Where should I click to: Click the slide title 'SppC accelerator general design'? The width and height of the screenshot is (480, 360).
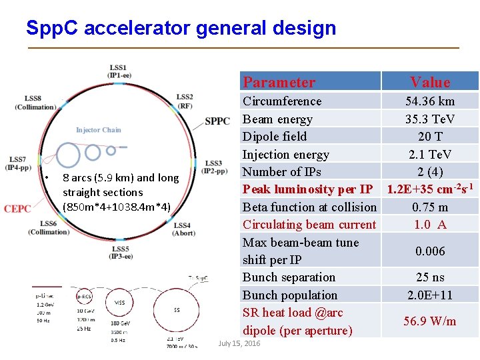point(181,28)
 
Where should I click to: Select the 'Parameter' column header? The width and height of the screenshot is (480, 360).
point(279,82)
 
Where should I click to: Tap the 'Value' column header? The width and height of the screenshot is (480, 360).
point(430,82)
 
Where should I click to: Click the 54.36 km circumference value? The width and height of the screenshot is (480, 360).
point(430,101)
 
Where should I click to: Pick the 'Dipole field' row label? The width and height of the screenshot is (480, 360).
point(275,137)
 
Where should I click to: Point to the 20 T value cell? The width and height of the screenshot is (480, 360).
point(430,137)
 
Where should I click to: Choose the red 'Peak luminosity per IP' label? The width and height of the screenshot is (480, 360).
point(307,189)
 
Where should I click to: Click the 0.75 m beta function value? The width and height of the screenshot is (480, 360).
point(430,207)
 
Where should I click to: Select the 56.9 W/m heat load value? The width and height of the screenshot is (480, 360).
point(430,321)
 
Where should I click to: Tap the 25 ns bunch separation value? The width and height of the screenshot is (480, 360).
point(430,277)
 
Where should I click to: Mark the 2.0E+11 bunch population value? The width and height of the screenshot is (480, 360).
point(430,295)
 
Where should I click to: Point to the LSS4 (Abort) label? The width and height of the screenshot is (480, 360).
point(182,229)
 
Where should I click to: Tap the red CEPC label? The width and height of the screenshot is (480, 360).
point(17,209)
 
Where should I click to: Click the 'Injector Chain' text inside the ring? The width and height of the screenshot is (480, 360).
point(99,130)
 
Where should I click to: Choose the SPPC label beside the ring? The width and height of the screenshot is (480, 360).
point(217,121)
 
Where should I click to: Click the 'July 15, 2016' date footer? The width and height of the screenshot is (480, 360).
point(239,343)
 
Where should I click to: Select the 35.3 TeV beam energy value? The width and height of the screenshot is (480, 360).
point(430,119)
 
